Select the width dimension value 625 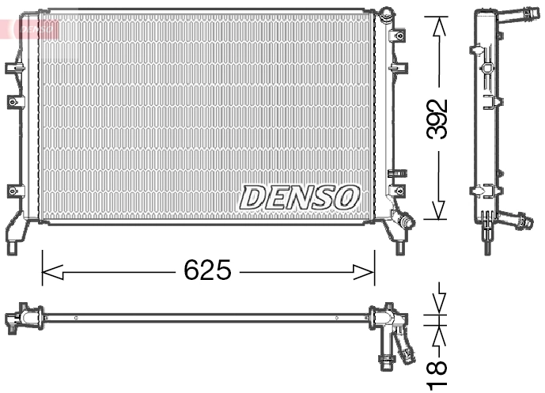(207, 271)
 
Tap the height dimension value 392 (437, 119)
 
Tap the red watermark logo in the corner (32, 28)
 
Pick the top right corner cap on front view (385, 16)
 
